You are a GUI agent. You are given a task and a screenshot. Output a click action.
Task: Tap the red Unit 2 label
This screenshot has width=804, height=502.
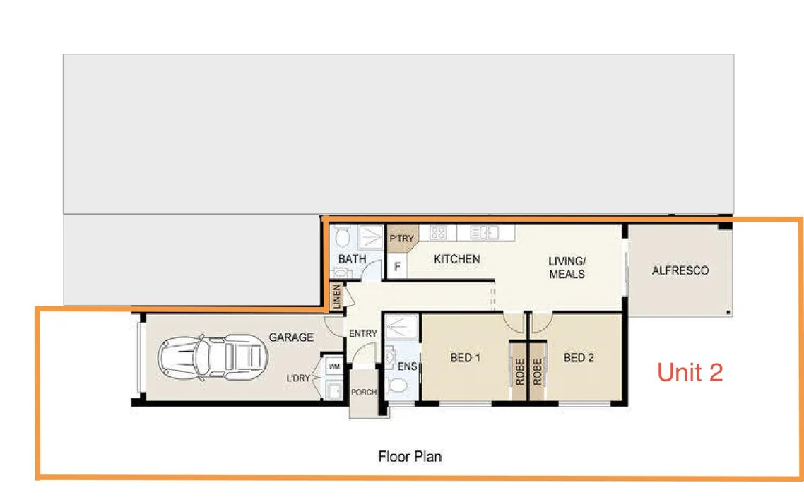click(x=690, y=372)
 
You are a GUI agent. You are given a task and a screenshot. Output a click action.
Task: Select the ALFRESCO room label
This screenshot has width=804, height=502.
click(x=680, y=270)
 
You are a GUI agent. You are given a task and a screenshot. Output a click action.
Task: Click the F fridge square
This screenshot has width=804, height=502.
click(x=397, y=268)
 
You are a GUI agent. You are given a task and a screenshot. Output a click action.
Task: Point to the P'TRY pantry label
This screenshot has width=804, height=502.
click(x=401, y=239)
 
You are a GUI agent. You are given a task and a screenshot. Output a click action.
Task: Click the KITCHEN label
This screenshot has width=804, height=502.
click(x=456, y=259)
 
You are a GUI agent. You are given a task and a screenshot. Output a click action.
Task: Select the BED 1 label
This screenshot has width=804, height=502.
click(x=465, y=358)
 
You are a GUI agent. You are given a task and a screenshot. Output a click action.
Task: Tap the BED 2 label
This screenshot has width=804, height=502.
click(x=578, y=358)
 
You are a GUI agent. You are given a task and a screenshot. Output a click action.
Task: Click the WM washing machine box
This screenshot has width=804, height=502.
click(x=334, y=367)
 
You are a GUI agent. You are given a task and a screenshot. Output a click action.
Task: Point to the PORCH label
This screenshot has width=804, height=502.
click(x=364, y=393)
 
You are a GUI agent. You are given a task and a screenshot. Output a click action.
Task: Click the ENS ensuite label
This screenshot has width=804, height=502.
click(x=407, y=366)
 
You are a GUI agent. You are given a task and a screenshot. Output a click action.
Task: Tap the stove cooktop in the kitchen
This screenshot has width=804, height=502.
click(x=438, y=232)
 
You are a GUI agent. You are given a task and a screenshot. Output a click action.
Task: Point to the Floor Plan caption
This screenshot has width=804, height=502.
click(x=410, y=456)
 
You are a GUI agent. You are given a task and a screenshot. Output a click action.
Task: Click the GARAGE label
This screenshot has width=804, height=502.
click(x=290, y=337)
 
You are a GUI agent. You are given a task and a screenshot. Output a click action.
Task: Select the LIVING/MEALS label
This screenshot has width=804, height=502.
click(x=567, y=268)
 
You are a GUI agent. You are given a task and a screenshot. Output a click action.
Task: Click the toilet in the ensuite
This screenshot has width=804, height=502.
click(x=397, y=386)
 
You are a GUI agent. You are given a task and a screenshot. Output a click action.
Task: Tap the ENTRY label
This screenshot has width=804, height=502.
click(x=363, y=333)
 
